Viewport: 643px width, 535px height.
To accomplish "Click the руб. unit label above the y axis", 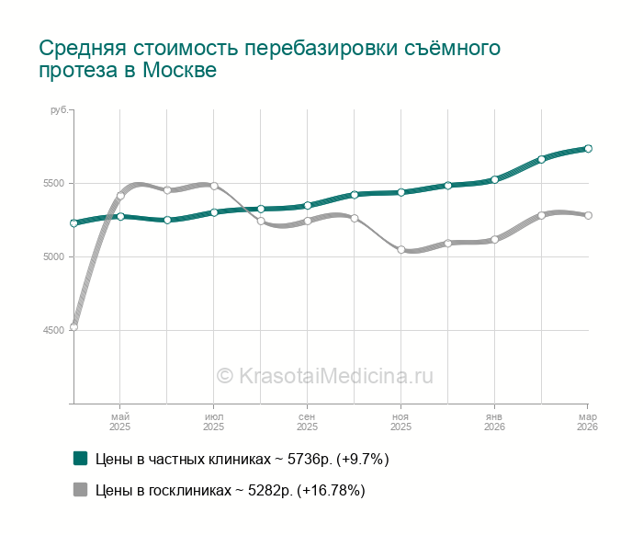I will click(x=58, y=110).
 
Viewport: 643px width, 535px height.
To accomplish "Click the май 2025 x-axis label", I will click(x=120, y=421).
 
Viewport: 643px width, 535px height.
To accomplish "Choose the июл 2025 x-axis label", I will click(x=213, y=421).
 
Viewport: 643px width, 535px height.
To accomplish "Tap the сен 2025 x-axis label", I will click(x=307, y=421).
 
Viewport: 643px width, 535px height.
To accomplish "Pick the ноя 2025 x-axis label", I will click(x=400, y=421).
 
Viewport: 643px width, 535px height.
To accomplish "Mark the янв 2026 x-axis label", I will click(x=494, y=421).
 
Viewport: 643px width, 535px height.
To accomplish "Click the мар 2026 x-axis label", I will click(x=587, y=421).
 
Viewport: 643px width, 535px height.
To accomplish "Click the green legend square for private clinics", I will click(x=80, y=458).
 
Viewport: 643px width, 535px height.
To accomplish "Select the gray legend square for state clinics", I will click(x=80, y=490).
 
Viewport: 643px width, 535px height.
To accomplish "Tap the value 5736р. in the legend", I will click(x=310, y=458).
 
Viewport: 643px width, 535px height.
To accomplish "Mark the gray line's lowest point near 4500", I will click(x=73, y=327).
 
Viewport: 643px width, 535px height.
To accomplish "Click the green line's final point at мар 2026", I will click(x=588, y=148).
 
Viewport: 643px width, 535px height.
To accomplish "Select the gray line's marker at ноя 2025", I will click(x=400, y=249).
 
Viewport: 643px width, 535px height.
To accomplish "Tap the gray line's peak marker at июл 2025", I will click(x=214, y=186).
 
